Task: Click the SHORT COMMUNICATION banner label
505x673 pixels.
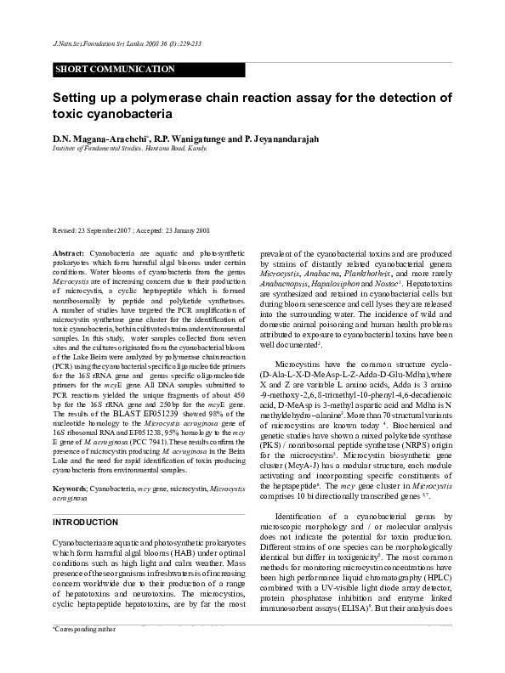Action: (x=115, y=69)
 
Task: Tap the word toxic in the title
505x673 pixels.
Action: (x=71, y=114)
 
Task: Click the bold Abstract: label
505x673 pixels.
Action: (x=69, y=254)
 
